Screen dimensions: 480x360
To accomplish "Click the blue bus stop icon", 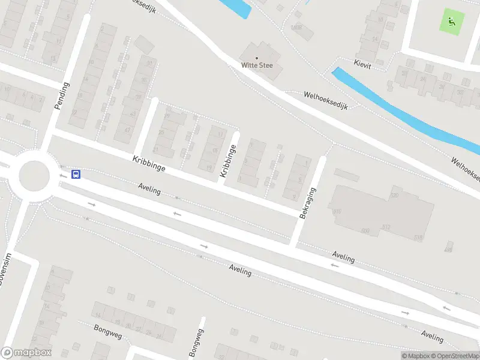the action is (x=76, y=175).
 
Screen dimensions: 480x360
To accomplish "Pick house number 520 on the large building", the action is (x=394, y=196).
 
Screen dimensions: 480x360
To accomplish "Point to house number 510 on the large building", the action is (x=337, y=211).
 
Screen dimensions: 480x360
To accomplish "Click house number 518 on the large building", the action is (x=418, y=238).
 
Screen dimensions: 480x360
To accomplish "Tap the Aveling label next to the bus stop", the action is (x=149, y=190).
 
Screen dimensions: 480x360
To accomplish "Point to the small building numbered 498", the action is (x=448, y=248).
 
